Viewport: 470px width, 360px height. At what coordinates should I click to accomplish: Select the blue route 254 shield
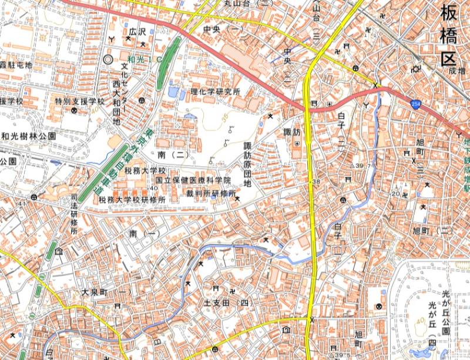416,103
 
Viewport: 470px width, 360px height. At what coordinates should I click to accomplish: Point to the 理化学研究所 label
216,92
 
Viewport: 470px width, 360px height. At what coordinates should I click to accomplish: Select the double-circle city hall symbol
108,59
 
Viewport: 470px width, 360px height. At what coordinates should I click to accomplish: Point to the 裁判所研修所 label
211,193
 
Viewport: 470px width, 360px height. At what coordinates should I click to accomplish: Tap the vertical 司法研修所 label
73,214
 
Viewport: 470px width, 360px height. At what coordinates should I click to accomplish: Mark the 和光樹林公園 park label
28,136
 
